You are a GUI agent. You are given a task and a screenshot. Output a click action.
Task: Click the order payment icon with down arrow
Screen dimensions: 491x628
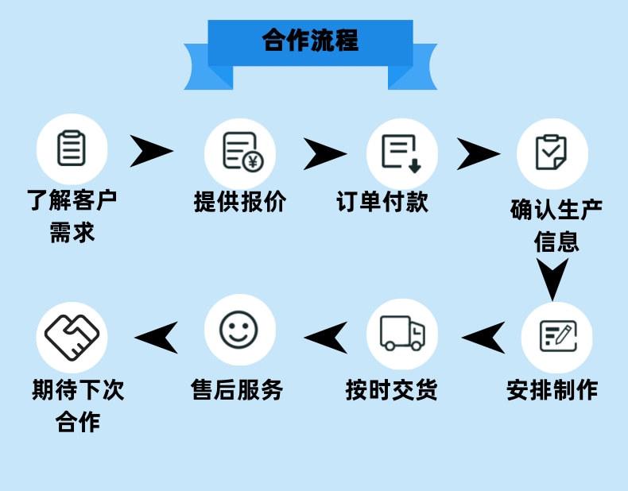pos(401,151)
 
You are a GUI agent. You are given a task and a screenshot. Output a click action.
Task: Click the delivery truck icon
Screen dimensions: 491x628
pos(402,333)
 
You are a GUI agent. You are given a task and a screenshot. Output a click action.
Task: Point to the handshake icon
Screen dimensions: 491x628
pos(72,334)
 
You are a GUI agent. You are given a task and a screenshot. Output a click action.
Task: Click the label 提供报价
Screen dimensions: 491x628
pos(239,202)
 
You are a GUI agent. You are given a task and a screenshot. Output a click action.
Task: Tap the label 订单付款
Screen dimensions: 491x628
pos(382,202)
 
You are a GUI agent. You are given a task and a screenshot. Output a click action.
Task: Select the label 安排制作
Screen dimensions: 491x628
pos(552,390)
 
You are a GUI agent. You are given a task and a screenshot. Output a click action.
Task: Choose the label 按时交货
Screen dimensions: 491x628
pos(391,390)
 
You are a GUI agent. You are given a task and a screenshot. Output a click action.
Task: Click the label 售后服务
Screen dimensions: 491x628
pos(237,390)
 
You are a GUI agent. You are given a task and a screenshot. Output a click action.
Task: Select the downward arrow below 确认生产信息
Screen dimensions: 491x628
pos(552,277)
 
